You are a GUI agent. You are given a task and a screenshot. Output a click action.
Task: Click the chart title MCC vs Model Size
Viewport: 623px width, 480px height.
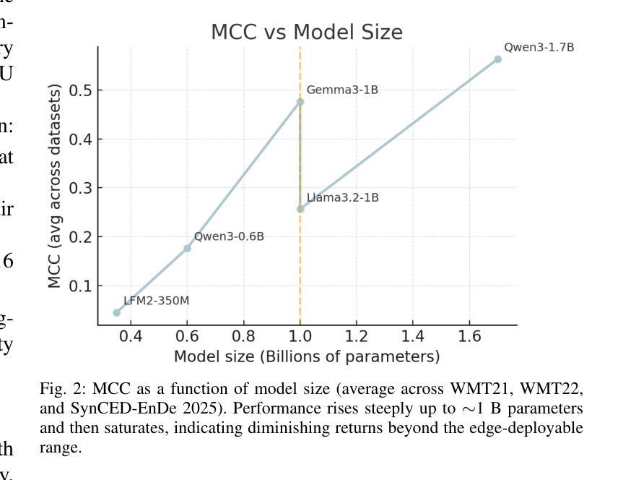307,33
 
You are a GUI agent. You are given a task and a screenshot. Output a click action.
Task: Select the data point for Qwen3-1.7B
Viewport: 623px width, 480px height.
497,59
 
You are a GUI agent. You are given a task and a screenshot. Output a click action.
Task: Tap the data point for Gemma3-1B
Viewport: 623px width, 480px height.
300,102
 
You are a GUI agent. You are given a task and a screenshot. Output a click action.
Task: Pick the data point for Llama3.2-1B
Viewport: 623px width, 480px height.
300,209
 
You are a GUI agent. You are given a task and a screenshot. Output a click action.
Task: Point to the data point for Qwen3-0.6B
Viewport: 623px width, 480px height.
187,248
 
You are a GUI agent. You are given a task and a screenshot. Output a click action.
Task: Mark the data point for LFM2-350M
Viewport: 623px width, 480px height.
117,312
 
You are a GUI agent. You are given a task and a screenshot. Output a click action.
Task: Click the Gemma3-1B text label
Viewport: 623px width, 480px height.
342,90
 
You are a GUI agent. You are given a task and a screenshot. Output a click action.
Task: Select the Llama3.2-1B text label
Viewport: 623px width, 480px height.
342,197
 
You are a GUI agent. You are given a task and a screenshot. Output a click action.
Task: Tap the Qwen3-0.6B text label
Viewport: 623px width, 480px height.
229,236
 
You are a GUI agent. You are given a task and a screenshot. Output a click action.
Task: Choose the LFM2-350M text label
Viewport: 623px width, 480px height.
157,301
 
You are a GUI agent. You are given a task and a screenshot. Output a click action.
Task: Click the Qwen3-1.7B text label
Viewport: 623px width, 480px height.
539,48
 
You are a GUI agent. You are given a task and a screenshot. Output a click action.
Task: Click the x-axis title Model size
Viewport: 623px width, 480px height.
307,356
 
